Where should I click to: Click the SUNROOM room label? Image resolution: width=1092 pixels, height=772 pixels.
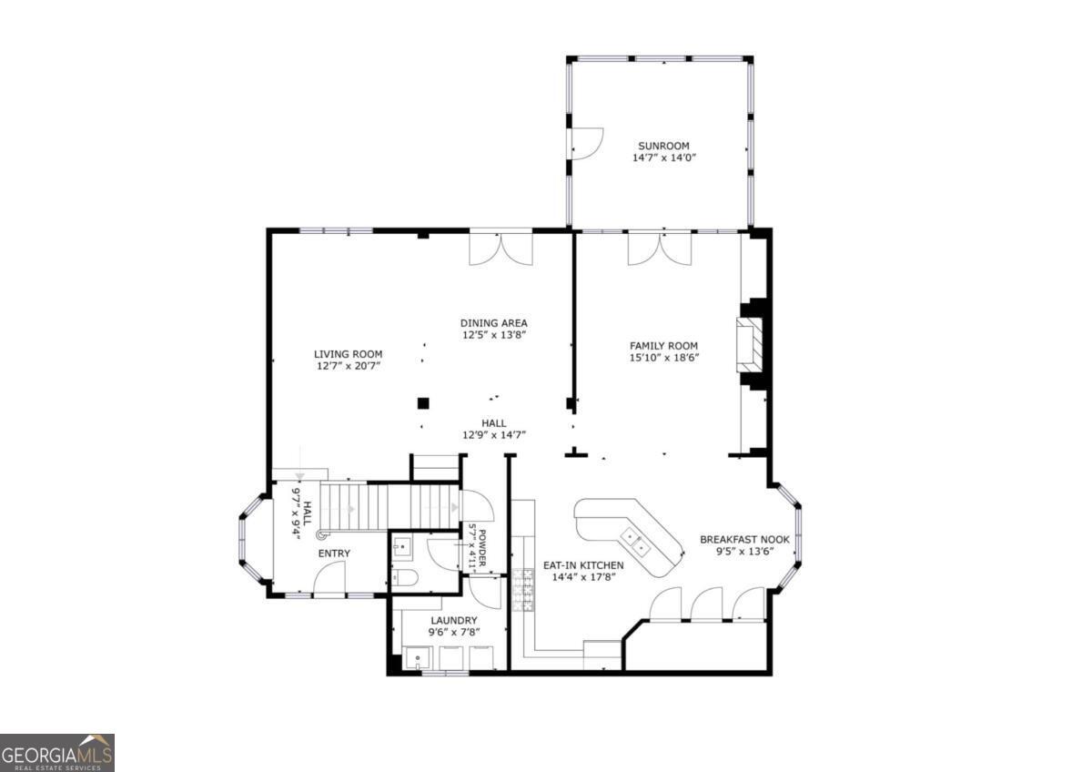663,146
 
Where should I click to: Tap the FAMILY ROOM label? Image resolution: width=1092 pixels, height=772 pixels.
663,346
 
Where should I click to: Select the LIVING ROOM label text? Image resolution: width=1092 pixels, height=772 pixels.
348,354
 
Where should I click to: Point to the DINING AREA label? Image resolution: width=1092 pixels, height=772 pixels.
493,323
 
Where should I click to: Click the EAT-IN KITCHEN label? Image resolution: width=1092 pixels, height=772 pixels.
583,565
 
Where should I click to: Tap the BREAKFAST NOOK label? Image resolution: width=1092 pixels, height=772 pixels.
744,540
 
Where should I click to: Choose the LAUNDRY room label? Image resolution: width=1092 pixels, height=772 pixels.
453,621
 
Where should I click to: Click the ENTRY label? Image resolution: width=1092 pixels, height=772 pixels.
333,554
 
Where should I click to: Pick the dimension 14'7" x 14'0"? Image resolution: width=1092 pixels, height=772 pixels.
663,158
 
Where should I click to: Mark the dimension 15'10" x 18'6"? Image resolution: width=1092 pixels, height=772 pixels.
663,358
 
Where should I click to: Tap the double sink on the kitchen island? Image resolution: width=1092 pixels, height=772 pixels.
635,543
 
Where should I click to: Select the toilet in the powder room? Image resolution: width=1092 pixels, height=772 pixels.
405,576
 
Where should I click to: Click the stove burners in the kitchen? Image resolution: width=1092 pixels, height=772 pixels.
524,588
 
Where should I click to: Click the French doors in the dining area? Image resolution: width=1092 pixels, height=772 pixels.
500,249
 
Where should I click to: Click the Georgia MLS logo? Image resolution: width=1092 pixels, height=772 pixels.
57,753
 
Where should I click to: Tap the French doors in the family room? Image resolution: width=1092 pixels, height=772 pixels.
659,249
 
